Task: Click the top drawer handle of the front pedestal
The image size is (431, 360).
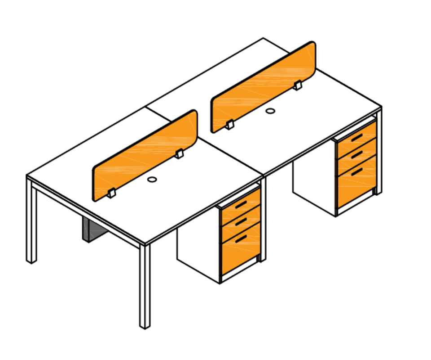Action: click(240, 205)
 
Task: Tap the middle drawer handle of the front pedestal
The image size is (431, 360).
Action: click(241, 221)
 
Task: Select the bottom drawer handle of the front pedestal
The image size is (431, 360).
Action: click(241, 238)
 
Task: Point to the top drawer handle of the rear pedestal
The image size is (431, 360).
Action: click(357, 138)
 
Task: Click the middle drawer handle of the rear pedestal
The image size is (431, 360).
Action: click(357, 155)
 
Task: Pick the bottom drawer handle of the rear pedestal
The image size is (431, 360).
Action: click(357, 171)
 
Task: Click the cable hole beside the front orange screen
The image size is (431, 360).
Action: click(152, 180)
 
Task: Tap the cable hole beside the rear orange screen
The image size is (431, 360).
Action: click(270, 111)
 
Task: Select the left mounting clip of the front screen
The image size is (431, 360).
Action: click(111, 193)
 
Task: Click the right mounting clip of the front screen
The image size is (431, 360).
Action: click(180, 154)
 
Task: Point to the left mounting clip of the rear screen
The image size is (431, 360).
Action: click(229, 125)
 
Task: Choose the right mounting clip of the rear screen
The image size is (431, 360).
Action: click(298, 85)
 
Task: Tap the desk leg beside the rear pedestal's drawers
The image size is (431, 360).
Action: click(378, 153)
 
